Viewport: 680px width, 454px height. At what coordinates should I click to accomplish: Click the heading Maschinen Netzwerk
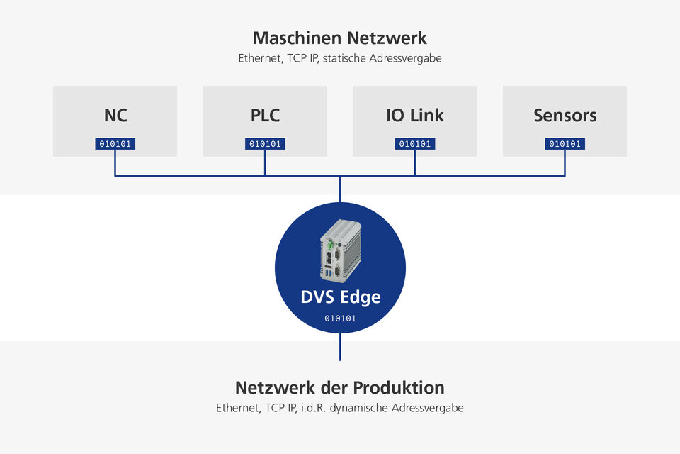(x=340, y=38)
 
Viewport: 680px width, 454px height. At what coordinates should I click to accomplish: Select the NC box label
(x=115, y=115)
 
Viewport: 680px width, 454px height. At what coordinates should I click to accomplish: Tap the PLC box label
(x=265, y=115)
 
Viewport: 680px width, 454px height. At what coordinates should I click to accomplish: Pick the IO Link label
(x=415, y=115)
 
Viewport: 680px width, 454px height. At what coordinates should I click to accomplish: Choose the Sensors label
(x=565, y=115)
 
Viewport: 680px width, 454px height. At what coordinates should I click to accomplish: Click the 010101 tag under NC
(x=115, y=144)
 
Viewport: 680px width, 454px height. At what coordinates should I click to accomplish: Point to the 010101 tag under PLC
(x=265, y=144)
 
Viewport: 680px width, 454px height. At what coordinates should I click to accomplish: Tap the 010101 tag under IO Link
(x=415, y=144)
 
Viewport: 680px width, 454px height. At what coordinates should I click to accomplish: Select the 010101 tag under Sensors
(x=565, y=144)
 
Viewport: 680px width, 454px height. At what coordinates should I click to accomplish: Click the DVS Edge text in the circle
(x=340, y=297)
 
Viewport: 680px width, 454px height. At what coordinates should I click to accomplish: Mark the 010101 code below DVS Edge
(x=340, y=319)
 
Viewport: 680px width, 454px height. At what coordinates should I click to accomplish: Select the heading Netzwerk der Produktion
(x=340, y=388)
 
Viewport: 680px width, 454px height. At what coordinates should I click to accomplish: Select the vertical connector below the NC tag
(x=115, y=162)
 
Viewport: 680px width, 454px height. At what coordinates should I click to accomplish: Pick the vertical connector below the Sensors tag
(x=565, y=162)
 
